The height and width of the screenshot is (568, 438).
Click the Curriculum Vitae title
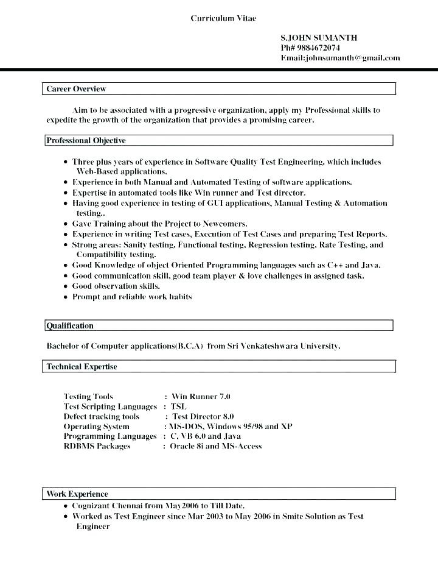click(223, 18)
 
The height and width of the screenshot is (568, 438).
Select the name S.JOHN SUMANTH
click(319, 38)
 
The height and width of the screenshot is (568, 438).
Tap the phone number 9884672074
click(319, 48)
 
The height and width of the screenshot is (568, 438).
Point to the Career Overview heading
click(76, 89)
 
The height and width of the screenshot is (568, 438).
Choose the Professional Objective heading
click(86, 141)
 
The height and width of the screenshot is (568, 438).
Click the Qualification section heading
click(71, 326)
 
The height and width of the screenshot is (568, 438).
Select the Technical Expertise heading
click(82, 367)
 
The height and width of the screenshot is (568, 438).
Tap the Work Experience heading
click(78, 494)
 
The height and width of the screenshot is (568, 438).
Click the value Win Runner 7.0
click(201, 397)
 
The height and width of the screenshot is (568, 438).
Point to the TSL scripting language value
click(178, 406)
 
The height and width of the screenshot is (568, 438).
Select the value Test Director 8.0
click(203, 417)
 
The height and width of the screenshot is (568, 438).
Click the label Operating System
click(96, 427)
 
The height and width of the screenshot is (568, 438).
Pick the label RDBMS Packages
click(97, 446)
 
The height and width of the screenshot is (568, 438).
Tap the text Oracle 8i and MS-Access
click(215, 446)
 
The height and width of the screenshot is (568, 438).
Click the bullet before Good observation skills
click(66, 286)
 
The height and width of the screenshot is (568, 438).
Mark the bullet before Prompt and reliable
click(66, 297)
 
